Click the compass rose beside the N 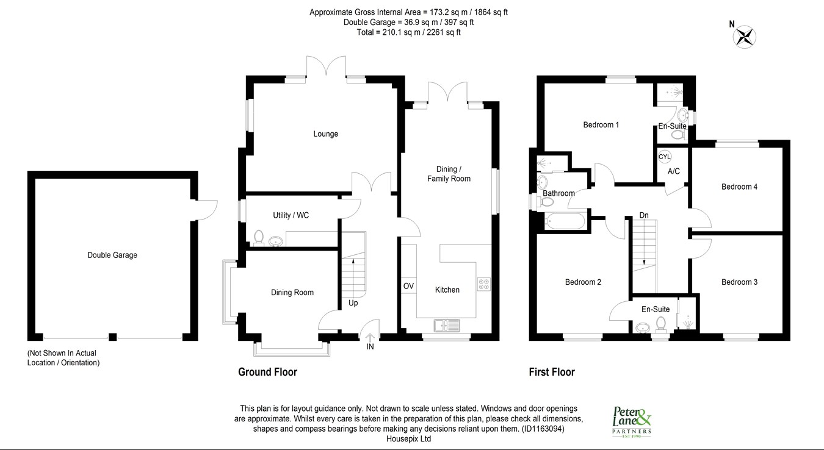(x=744, y=37)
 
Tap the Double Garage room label (x=112, y=255)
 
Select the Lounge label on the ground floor (x=325, y=134)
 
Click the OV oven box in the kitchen (x=409, y=286)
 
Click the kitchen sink (x=447, y=325)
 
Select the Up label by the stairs (x=353, y=303)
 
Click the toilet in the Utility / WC (x=259, y=238)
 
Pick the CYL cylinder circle (x=665, y=157)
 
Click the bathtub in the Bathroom (x=565, y=221)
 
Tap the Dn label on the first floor (x=644, y=215)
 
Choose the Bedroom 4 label (x=739, y=187)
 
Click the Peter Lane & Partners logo (x=632, y=422)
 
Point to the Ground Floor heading (x=267, y=372)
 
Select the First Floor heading (x=552, y=372)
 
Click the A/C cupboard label (x=674, y=171)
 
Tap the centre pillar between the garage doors (x=112, y=337)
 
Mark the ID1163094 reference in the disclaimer (x=543, y=429)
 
